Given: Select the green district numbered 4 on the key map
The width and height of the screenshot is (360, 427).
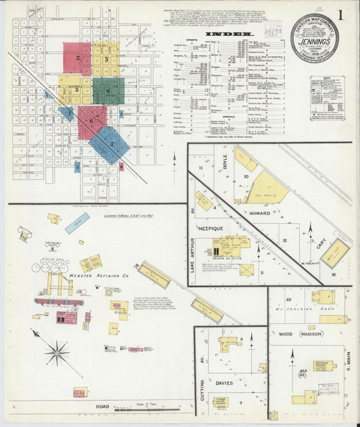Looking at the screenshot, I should tap(107, 91).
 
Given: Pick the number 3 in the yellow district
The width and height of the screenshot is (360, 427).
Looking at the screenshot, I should tap(106, 59).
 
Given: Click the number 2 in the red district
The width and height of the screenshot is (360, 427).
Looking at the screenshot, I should tap(78, 58).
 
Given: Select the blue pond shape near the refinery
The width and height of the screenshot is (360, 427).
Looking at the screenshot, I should tap(77, 222).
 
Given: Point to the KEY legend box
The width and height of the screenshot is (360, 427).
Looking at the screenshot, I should tap(328, 98).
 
